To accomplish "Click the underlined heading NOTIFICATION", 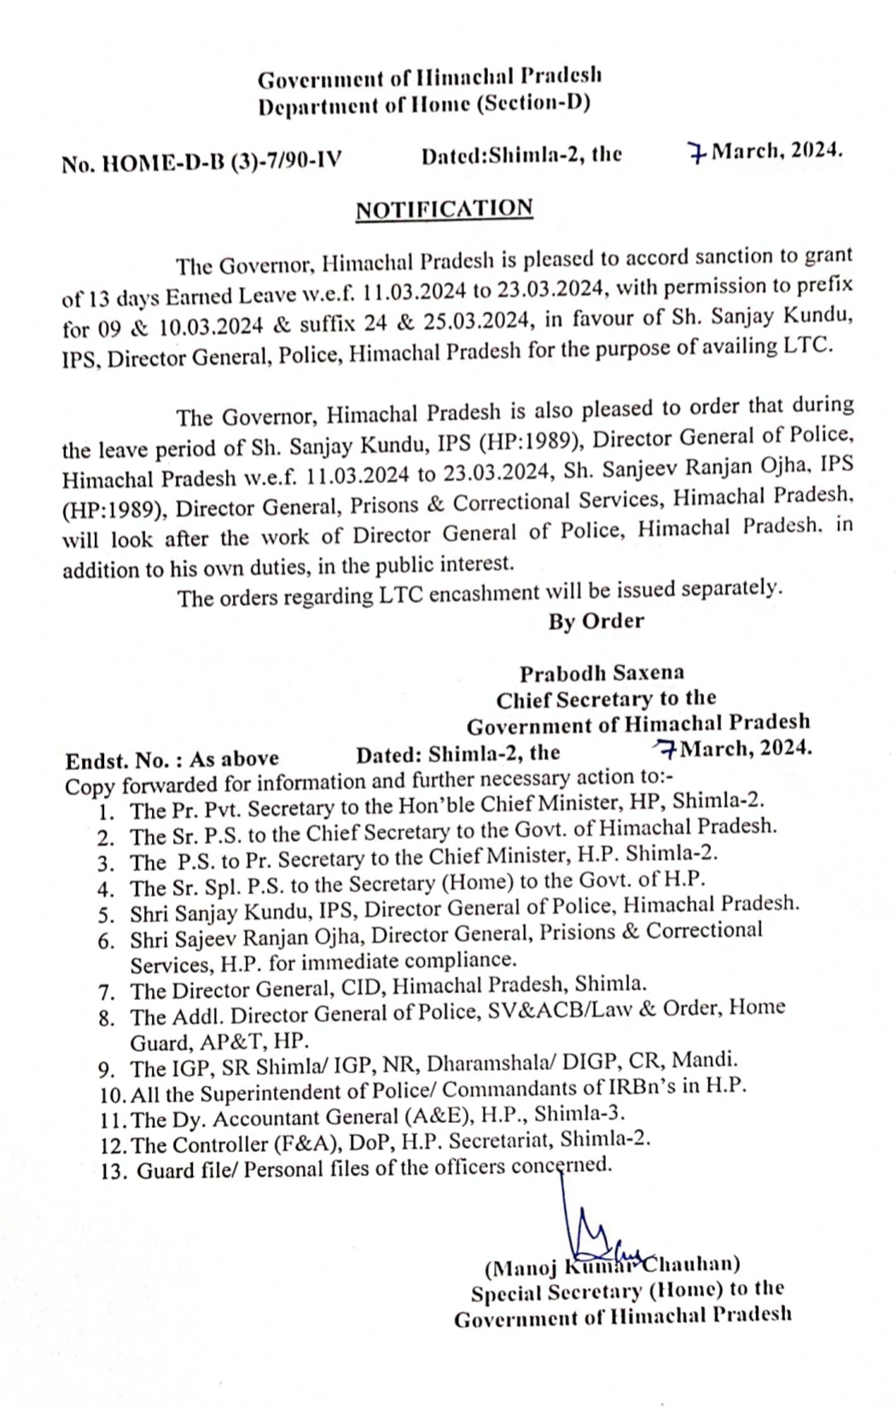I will [x=444, y=209].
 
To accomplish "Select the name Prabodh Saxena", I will [x=602, y=673].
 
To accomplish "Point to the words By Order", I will [x=596, y=621].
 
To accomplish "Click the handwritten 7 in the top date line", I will [x=698, y=155].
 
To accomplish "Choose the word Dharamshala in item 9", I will [x=484, y=1064].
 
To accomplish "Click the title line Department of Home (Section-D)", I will [x=424, y=105].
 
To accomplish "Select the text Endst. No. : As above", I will [x=172, y=758].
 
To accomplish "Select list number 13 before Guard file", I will [x=112, y=1172].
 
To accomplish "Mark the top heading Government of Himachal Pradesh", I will [x=430, y=79].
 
